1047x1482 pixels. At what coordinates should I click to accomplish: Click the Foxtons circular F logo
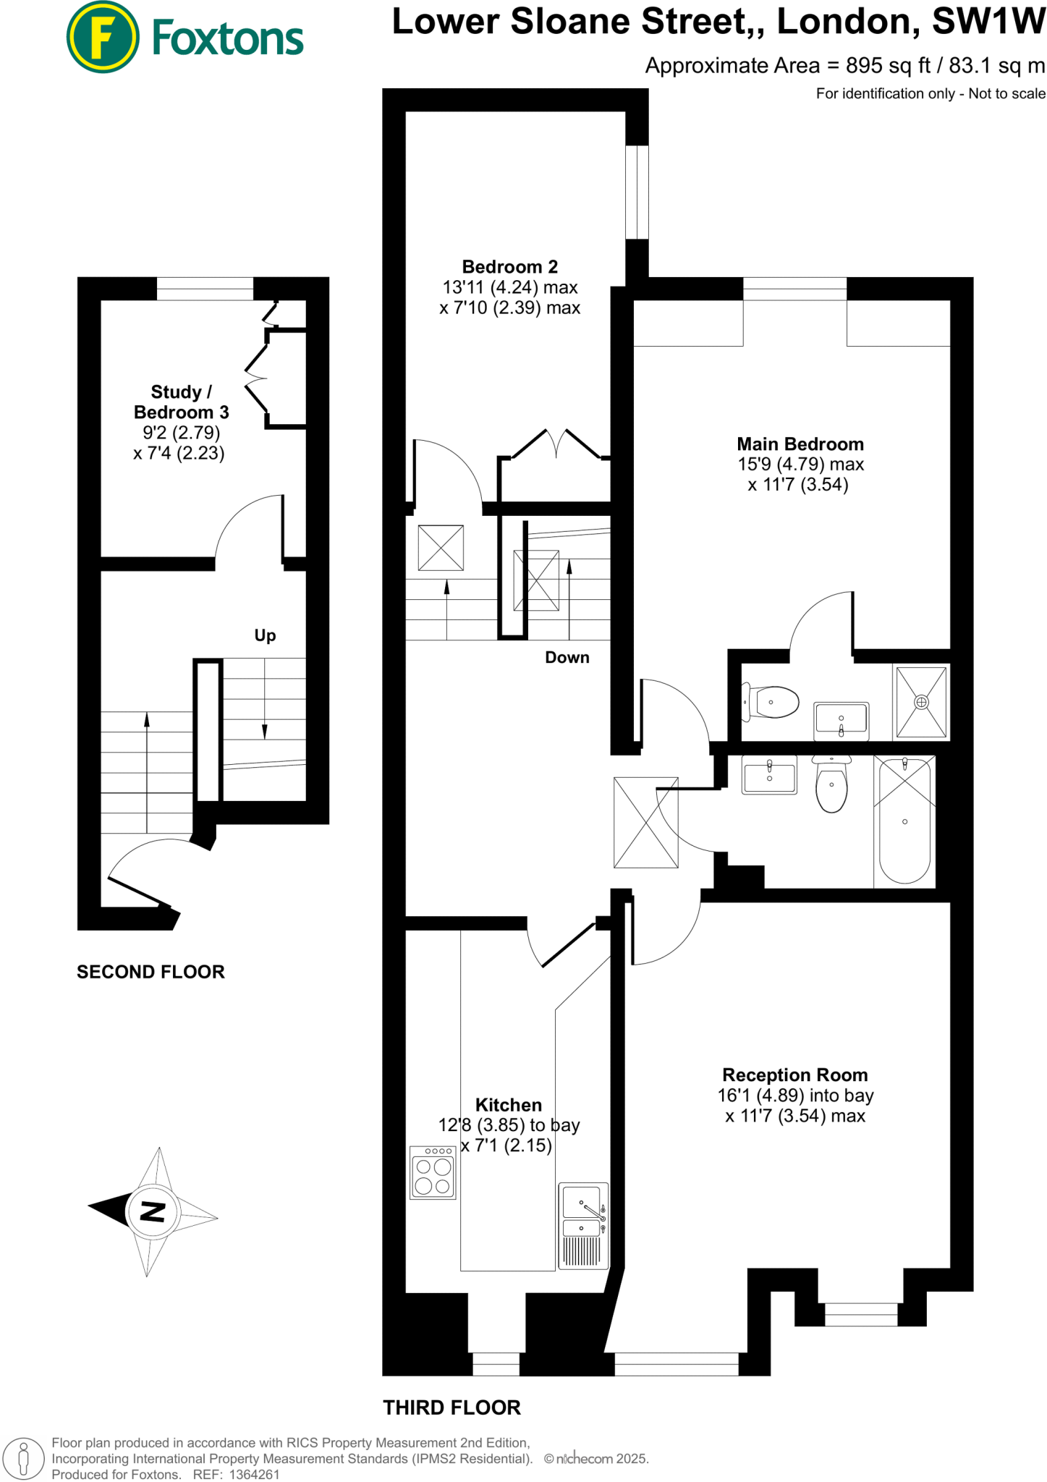point(102,37)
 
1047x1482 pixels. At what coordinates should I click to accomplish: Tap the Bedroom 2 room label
point(509,267)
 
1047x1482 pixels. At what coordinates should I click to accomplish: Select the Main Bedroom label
point(800,444)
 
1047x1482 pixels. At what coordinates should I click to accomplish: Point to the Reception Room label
point(794,1075)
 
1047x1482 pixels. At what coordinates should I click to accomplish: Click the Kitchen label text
point(508,1105)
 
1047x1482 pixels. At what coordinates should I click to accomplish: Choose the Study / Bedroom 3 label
point(181,402)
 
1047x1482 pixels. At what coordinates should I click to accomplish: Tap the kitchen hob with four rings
point(433,1172)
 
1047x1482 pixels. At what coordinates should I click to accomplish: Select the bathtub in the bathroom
point(904,821)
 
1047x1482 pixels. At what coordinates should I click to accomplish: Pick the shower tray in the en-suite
point(921,702)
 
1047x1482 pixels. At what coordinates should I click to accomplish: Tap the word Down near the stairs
point(567,657)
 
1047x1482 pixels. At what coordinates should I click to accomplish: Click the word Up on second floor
point(265,635)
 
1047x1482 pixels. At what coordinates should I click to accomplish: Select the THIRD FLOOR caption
point(452,1407)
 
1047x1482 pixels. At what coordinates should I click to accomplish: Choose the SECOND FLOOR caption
point(151,971)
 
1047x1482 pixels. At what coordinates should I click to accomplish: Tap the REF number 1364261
point(254,1474)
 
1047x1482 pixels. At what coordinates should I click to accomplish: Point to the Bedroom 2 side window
point(637,192)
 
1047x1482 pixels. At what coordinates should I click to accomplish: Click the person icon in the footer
point(23,1458)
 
